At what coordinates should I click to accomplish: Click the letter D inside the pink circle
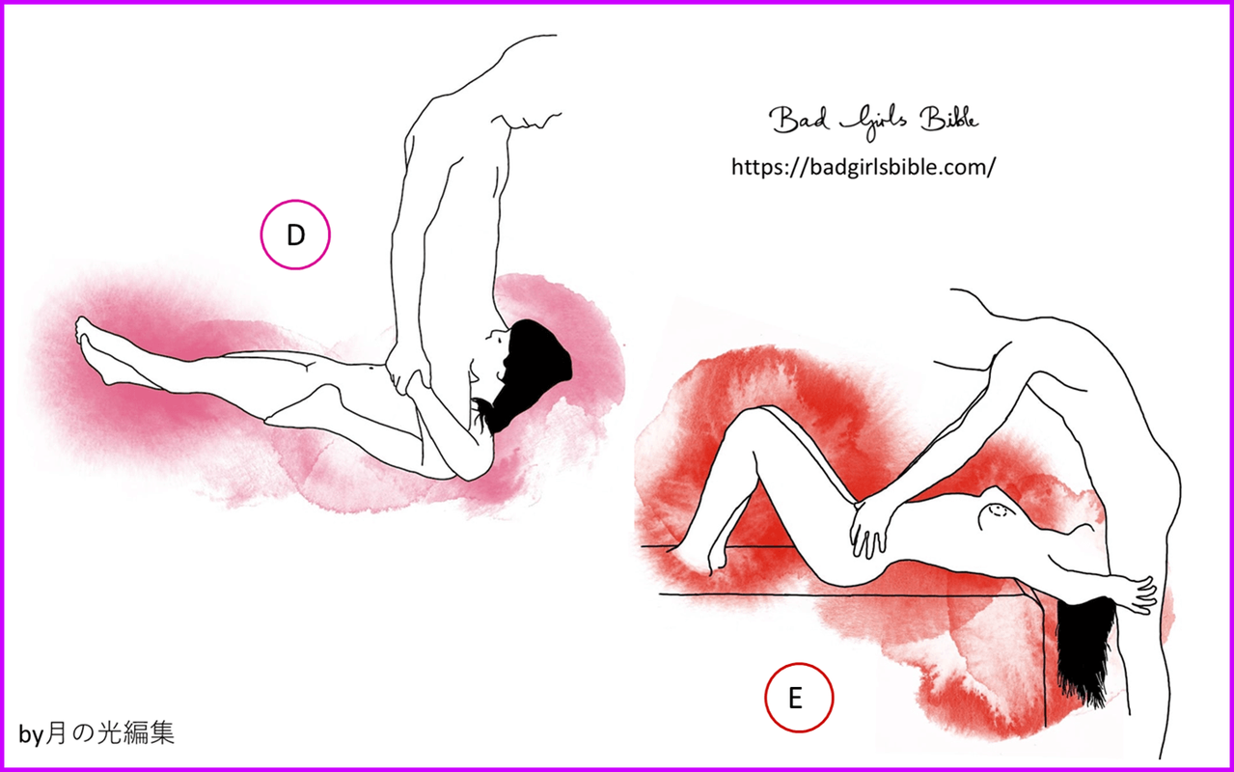[x=296, y=235]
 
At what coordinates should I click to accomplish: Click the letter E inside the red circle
[x=795, y=698]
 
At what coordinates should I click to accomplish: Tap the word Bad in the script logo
[x=799, y=120]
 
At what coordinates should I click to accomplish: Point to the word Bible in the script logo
[x=948, y=119]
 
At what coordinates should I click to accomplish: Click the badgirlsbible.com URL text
[x=864, y=166]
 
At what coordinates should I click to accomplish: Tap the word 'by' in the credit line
[x=31, y=735]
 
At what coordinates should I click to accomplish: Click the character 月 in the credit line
[x=57, y=732]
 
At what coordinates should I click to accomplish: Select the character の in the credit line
[x=82, y=733]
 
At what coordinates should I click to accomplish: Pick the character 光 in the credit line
[x=108, y=732]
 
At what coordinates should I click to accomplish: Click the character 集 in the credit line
[x=161, y=732]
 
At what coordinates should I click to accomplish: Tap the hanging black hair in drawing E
[x=1083, y=650]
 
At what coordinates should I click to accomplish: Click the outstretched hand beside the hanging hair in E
[x=1139, y=595]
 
